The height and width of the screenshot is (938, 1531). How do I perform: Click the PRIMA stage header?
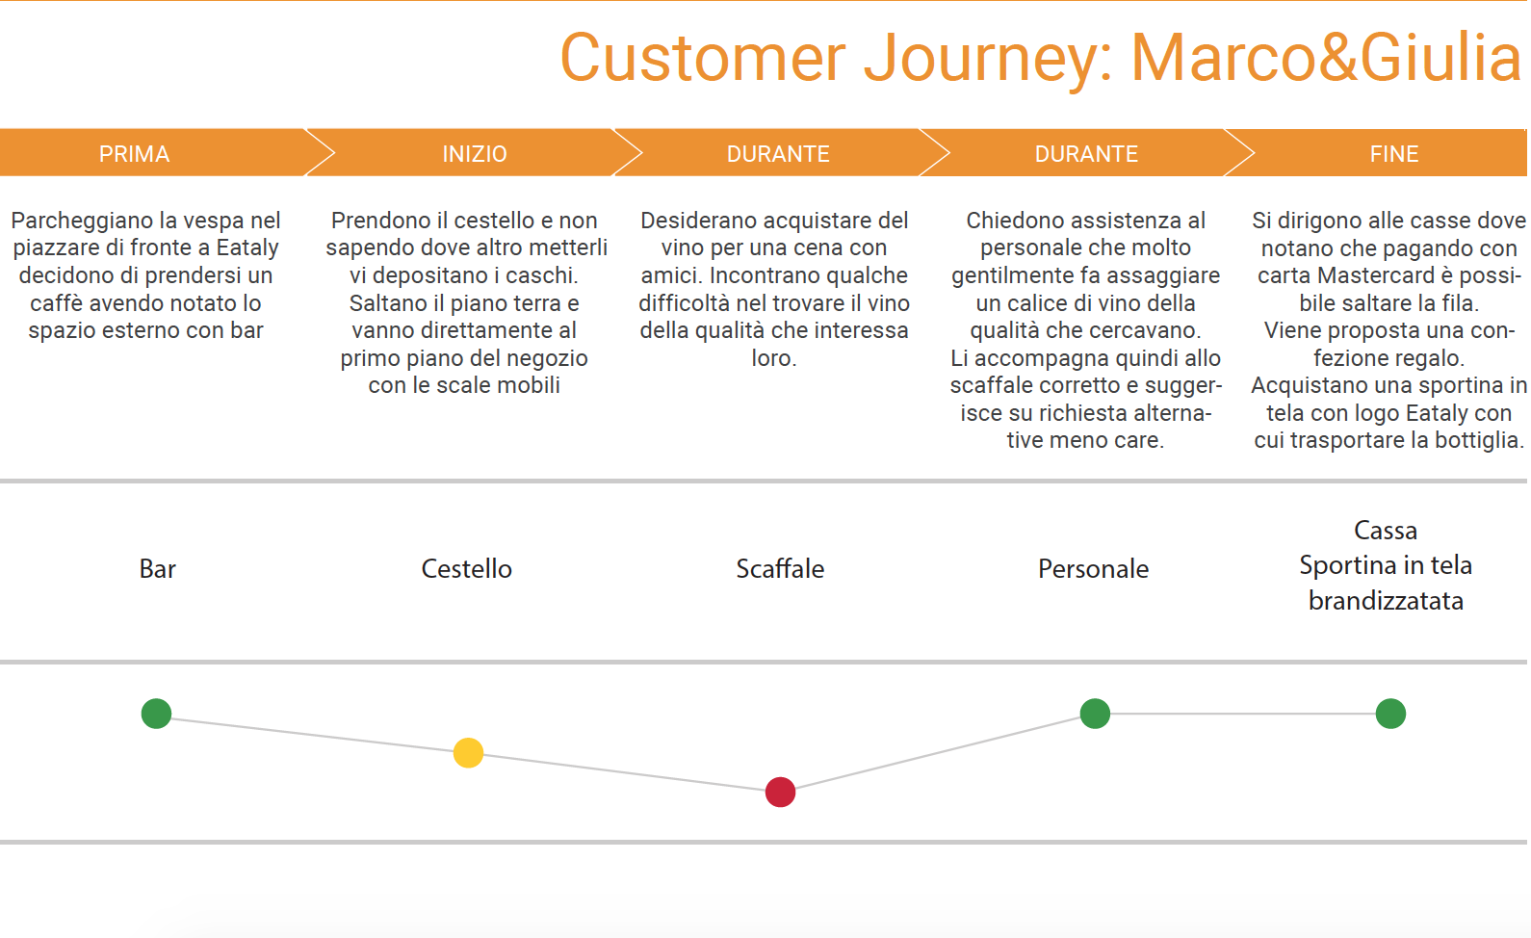coord(134,154)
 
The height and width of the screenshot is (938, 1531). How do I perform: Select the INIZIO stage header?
coord(475,154)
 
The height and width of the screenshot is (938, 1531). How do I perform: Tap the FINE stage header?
coord(1393,154)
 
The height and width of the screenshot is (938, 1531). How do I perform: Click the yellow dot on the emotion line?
coord(468,753)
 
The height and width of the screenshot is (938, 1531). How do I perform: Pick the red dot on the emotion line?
coord(780,792)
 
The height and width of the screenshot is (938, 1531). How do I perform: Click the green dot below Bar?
coord(156,714)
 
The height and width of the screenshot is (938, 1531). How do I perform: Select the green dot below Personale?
coord(1095,714)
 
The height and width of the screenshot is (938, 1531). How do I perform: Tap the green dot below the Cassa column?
coord(1390,714)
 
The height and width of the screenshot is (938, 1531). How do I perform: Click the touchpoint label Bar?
coord(157,569)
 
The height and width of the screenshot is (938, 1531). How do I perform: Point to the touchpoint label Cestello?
coord(466,569)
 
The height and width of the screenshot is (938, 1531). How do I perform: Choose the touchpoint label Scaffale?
coord(780,569)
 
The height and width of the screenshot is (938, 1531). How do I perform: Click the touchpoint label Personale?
coord(1093,569)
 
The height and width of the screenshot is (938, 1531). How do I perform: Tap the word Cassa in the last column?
coord(1386,531)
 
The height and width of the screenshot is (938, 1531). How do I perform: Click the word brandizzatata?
coord(1386,601)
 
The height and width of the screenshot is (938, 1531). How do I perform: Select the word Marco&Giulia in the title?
coord(1326,58)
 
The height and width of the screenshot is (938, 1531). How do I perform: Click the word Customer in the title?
coord(703,58)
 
